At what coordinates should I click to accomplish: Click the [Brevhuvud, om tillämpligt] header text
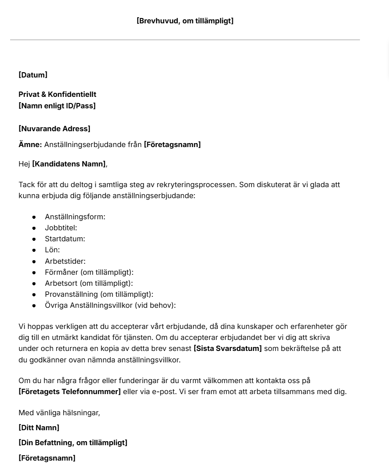tap(185, 21)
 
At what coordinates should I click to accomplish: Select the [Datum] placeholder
tap(33, 75)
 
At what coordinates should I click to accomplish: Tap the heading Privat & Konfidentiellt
tap(57, 94)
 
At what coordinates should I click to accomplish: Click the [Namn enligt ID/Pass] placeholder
tap(57, 106)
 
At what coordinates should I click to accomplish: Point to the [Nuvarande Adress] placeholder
tap(54, 129)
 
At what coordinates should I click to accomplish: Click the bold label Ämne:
tap(30, 144)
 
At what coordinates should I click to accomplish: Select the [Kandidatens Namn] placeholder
tap(69, 164)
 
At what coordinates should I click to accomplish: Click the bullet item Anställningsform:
tap(75, 217)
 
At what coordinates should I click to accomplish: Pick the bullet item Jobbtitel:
tap(61, 228)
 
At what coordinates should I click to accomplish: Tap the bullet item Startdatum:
tap(65, 239)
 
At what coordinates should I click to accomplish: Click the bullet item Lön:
tap(52, 250)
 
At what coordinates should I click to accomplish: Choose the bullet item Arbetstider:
tap(65, 261)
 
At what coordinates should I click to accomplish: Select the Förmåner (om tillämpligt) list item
tap(89, 272)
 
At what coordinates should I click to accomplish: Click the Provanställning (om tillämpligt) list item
tap(99, 294)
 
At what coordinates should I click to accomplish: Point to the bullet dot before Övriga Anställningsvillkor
tap(34, 306)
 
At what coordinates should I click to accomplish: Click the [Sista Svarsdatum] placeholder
tap(228, 348)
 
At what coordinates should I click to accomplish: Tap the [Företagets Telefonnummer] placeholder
tap(70, 391)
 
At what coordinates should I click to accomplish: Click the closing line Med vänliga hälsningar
tap(59, 413)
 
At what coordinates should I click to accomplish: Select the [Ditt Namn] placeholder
tap(39, 428)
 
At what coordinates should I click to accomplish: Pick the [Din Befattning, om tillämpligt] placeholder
tap(73, 443)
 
